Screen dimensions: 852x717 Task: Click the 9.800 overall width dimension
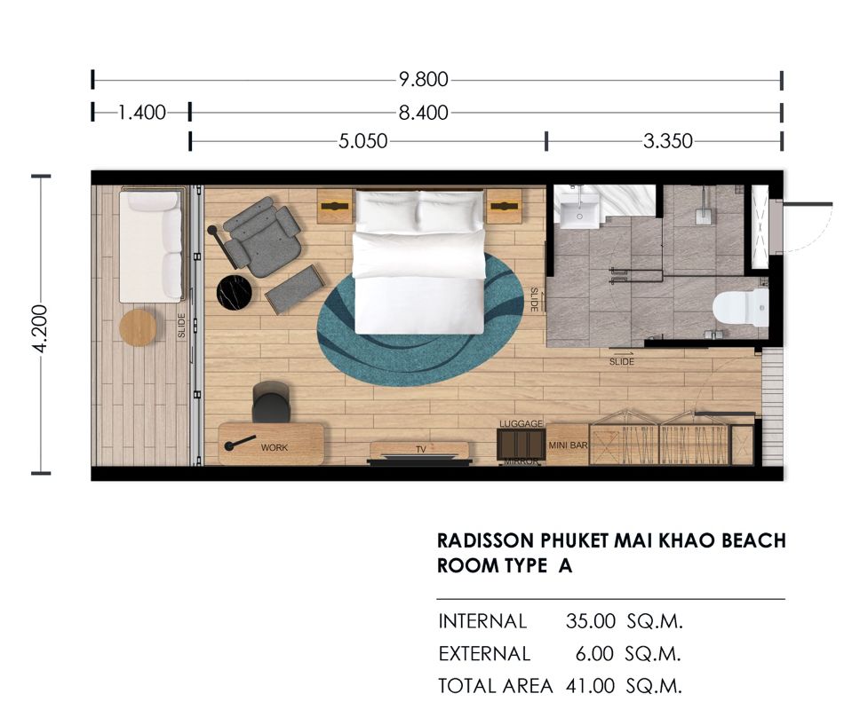pos(423,80)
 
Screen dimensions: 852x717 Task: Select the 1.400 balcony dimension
pos(142,113)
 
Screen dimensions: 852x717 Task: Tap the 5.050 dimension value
pos(363,142)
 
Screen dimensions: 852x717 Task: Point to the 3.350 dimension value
pos(668,142)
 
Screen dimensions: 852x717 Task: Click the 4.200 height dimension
pos(41,328)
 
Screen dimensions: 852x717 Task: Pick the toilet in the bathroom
pos(741,308)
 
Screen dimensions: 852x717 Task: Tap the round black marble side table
pos(235,293)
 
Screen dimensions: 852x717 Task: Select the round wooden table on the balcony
pos(138,327)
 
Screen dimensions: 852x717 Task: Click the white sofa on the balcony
pos(151,245)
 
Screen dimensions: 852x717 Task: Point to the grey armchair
pos(262,237)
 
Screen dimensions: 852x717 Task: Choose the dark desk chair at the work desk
pos(271,402)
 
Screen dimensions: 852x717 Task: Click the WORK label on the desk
pos(275,448)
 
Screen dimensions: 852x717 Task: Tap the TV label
pos(420,449)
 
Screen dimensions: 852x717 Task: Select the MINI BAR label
pos(568,445)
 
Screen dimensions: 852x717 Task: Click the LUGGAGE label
pos(522,423)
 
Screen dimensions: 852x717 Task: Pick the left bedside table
pos(335,206)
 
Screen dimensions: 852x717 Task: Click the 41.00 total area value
pos(590,686)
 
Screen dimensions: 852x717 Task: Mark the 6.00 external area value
pos(595,654)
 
